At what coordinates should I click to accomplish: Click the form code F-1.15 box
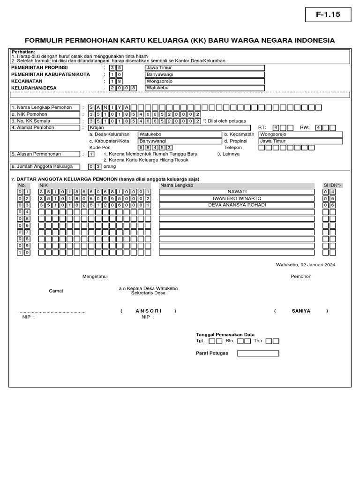coord(328,15)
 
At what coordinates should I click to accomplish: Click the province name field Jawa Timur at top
coord(204,67)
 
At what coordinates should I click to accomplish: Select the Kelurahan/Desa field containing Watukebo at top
coord(204,88)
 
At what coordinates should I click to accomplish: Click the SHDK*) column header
coord(332,185)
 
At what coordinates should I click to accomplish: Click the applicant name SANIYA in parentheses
coord(301,311)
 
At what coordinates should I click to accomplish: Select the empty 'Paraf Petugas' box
coord(258,353)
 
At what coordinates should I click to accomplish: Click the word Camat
coord(56,291)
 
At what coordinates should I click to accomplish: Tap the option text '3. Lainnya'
coord(228,154)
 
